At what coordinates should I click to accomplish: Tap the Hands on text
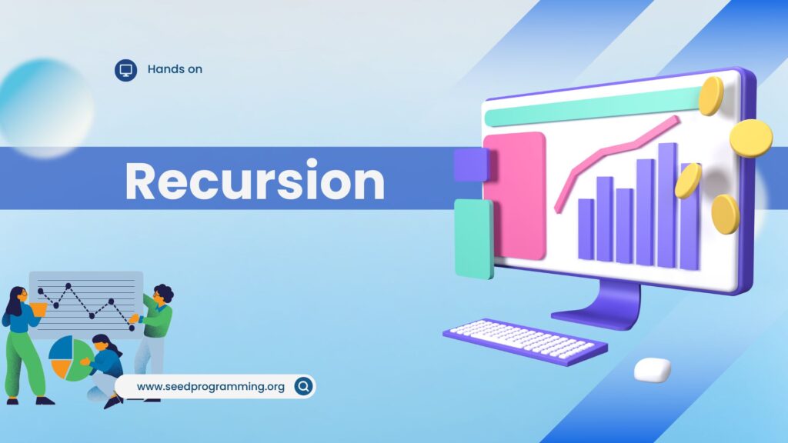pos(175,69)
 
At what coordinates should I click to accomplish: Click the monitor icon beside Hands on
pos(125,70)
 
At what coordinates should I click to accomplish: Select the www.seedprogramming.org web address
pos(211,386)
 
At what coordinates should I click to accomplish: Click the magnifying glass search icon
pos(303,386)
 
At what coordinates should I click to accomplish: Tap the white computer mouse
pos(653,369)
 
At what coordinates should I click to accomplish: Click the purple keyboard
pos(525,341)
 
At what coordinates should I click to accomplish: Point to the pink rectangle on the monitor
pos(515,196)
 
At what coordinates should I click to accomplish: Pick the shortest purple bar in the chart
pos(586,229)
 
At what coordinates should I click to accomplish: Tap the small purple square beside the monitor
pos(471,165)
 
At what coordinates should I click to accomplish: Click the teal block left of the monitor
pos(473,239)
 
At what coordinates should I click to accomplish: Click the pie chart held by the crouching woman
pos(69,358)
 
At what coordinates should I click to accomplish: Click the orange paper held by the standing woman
pos(38,309)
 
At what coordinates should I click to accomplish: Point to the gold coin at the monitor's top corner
pos(712,95)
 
